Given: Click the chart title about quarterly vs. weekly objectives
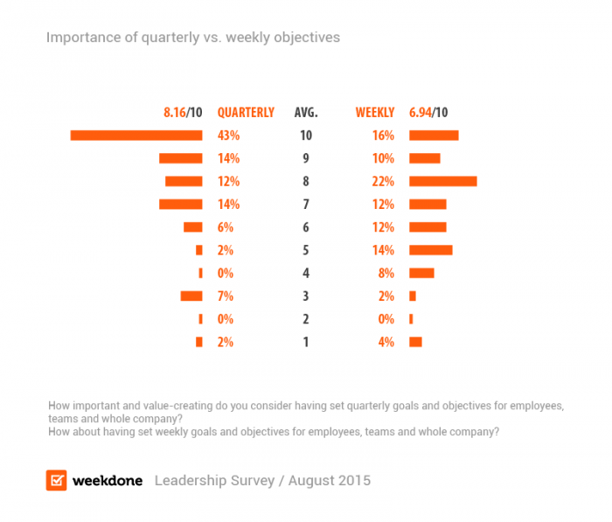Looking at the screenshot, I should pos(192,38).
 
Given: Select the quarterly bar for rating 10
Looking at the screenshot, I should pos(136,136).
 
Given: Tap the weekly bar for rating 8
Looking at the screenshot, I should pos(442,181).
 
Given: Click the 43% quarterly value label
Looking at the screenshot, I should pos(228,136).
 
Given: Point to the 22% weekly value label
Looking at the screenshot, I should pos(383,181).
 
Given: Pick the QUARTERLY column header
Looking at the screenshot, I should pos(246,113).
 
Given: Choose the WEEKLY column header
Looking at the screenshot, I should pos(375,113).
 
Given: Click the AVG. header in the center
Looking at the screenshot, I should pos(306,113).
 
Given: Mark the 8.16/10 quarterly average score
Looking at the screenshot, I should pos(183,113).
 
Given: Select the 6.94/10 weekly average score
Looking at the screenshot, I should pos(428,113).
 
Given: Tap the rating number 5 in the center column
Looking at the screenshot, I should pos(306,250).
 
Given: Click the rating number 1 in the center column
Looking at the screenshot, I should pos(306,342).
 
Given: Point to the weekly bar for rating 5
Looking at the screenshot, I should pos(430,250).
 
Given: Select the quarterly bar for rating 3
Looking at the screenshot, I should pos(191,296).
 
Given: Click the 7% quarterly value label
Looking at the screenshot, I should pos(226,296).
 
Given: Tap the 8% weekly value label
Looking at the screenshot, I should pos(386,273).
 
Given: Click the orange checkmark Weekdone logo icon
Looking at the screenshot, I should pos(57,480).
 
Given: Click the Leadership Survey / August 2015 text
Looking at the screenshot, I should pos(262,481).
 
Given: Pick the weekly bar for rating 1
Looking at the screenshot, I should pos(415,342).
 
